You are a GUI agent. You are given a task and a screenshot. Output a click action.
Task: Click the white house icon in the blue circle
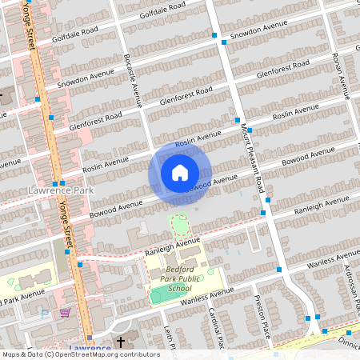(x=180, y=172)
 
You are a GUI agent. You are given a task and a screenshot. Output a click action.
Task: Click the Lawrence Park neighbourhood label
(x=60, y=190)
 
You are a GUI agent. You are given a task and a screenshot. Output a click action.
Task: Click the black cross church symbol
(x=121, y=342)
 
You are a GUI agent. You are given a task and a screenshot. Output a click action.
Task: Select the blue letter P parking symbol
(x=44, y=314)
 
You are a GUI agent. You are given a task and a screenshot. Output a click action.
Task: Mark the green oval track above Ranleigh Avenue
(x=179, y=222)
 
